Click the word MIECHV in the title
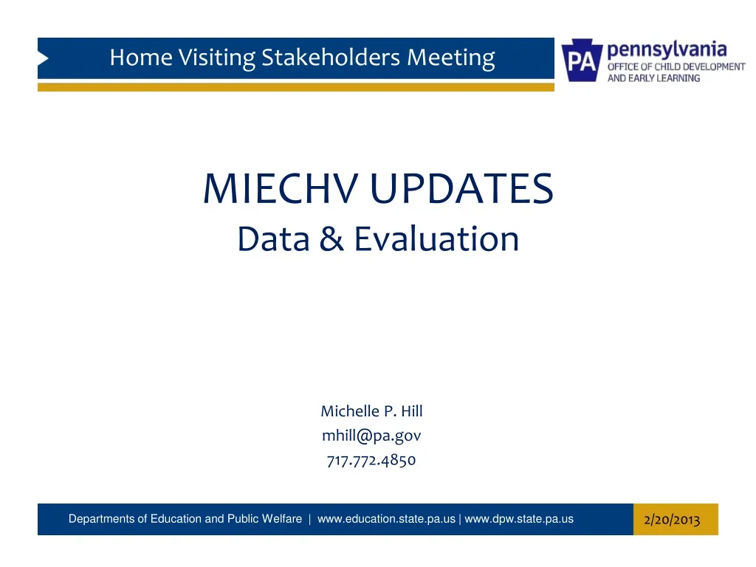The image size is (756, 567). (x=283, y=189)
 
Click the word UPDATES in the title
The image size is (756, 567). (x=461, y=189)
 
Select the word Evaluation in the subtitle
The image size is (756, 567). (x=436, y=239)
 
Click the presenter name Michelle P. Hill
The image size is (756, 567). (x=371, y=411)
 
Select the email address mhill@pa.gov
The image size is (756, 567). (x=371, y=436)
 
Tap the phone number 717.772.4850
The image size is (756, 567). (x=371, y=461)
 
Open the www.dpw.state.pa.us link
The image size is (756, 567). (x=519, y=519)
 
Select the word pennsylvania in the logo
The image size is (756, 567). (x=667, y=50)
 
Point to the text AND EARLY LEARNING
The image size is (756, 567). (x=653, y=78)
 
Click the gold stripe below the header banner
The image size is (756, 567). (x=295, y=87)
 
